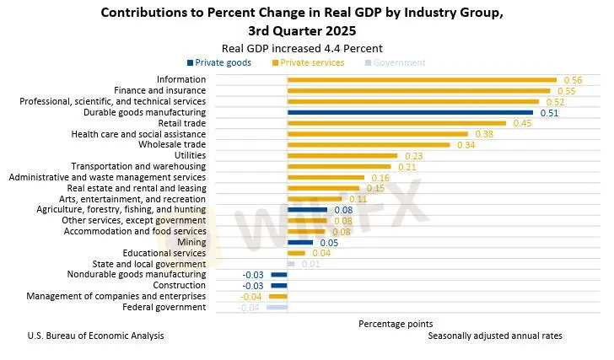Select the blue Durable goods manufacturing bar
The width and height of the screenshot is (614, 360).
point(410,112)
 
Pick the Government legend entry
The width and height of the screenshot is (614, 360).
point(396,62)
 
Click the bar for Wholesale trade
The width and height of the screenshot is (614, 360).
point(369,145)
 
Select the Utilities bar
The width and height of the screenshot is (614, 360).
point(342,156)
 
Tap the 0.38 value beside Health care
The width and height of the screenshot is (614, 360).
point(483,134)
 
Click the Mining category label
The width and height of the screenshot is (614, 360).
point(191,243)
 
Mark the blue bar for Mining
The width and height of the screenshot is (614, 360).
point(300,243)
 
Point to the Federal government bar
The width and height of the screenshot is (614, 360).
point(277,308)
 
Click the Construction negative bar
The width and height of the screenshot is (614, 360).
point(279,286)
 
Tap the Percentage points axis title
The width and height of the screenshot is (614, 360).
point(396,324)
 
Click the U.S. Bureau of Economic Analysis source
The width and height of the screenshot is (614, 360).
point(96,336)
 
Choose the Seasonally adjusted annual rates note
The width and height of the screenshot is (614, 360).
point(494,336)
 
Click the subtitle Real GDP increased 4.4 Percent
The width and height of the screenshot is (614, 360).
point(301,48)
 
